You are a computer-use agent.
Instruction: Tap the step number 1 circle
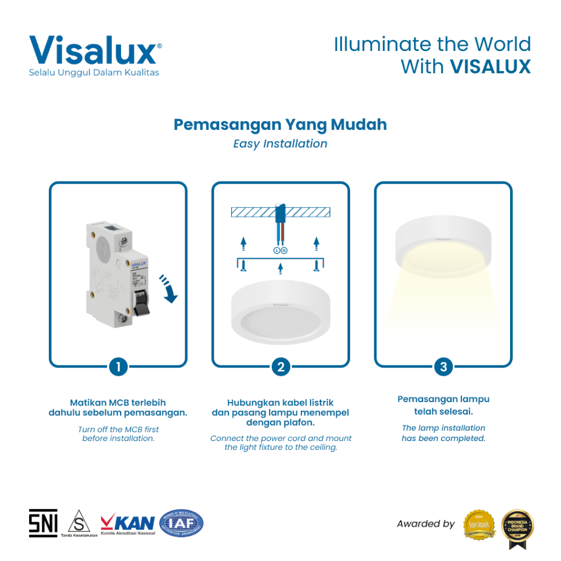coord(118,367)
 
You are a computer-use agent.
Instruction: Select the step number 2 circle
coord(280,367)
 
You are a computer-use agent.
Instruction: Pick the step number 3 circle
coord(443,367)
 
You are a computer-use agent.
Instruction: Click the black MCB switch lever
coord(141,302)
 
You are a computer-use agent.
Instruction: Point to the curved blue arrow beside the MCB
coord(169,288)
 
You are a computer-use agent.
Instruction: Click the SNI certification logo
coord(43,523)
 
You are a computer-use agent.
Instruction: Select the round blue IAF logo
coord(181,523)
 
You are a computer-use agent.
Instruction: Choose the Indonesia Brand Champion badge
coord(518,526)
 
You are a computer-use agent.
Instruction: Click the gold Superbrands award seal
coord(479,524)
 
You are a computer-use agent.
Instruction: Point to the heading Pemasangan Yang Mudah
coord(280,125)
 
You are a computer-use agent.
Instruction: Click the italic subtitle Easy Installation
coord(280,144)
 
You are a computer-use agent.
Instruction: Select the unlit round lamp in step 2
coord(280,310)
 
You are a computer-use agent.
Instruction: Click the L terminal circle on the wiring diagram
coord(276,250)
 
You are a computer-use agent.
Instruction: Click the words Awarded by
coord(426,524)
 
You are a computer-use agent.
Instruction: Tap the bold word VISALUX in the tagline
coord(490,67)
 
